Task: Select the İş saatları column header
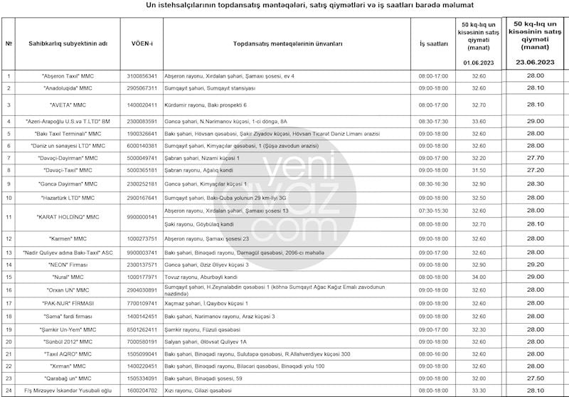pyautogui.click(x=433, y=43)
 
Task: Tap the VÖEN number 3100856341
pyautogui.click(x=142, y=75)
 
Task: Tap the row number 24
pyautogui.click(x=9, y=391)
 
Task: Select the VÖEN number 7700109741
pyautogui.click(x=142, y=303)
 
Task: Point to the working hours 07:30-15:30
pyautogui.click(x=433, y=211)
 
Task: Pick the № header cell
pyautogui.click(x=9, y=43)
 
